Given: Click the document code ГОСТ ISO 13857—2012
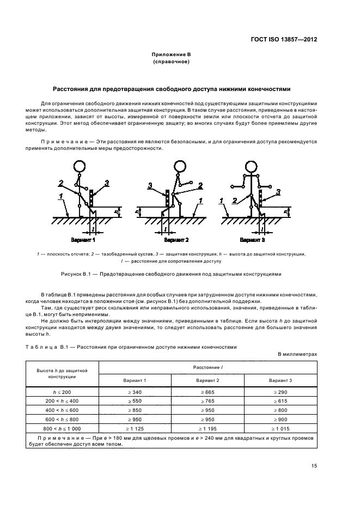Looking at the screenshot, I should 283,40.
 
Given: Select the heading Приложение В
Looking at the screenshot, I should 171,54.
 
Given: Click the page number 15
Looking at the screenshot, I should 314,465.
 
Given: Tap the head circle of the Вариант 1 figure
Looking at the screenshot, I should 81,167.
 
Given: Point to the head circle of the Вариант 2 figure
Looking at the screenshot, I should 180,167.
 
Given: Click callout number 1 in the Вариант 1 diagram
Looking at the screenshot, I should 62,195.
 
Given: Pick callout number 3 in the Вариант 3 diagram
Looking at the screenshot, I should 278,192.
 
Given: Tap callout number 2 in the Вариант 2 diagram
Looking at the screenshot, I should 200,185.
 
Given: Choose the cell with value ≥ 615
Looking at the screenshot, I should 280,401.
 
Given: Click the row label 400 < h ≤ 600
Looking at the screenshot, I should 62,410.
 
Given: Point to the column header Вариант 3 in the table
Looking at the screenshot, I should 280,380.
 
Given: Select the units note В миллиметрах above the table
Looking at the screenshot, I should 297,354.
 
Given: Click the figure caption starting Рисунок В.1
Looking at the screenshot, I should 171,274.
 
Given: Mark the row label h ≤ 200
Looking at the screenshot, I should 62,392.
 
